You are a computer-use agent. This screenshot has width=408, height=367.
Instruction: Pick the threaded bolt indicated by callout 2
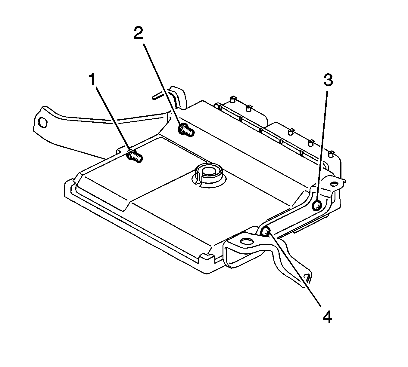(186, 130)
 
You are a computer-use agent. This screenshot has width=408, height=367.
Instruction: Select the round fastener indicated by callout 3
(316, 206)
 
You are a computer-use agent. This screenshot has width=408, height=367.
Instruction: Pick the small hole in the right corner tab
(334, 184)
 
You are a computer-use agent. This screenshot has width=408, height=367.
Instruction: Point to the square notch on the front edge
(207, 256)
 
